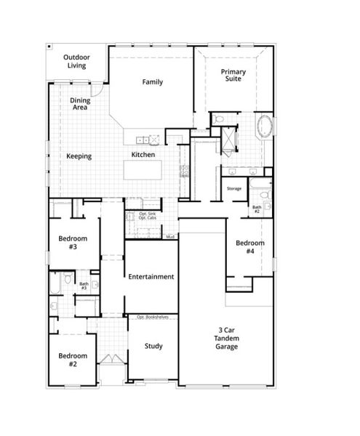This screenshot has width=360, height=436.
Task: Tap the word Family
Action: pyautogui.click(x=152, y=82)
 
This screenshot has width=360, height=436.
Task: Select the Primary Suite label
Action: pyautogui.click(x=233, y=75)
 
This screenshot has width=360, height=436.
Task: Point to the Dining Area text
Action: pyautogui.click(x=79, y=104)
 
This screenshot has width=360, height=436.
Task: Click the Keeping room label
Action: pyautogui.click(x=79, y=156)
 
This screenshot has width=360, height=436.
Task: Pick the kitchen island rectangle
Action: pyautogui.click(x=150, y=171)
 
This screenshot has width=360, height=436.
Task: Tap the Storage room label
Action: pyautogui.click(x=233, y=188)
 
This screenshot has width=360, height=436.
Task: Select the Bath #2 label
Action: pyautogui.click(x=257, y=209)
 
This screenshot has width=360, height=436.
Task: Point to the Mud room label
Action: pyautogui.click(x=169, y=237)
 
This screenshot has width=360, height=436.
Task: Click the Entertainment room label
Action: pyautogui.click(x=151, y=277)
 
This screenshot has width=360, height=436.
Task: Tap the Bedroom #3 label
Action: pyautogui.click(x=73, y=243)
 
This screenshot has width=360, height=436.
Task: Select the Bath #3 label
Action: pyautogui.click(x=84, y=286)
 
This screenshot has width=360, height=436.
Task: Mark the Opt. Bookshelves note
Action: pyautogui.click(x=151, y=318)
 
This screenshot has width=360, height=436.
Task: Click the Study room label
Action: pyautogui.click(x=153, y=346)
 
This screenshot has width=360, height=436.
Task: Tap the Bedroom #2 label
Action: pyautogui.click(x=73, y=360)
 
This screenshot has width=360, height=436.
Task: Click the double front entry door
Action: pyautogui.click(x=110, y=360)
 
